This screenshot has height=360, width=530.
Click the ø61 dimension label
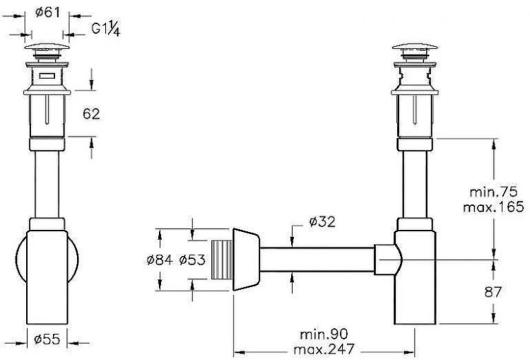(x=49, y=13)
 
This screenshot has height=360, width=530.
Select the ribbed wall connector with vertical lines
(x=221, y=259)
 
